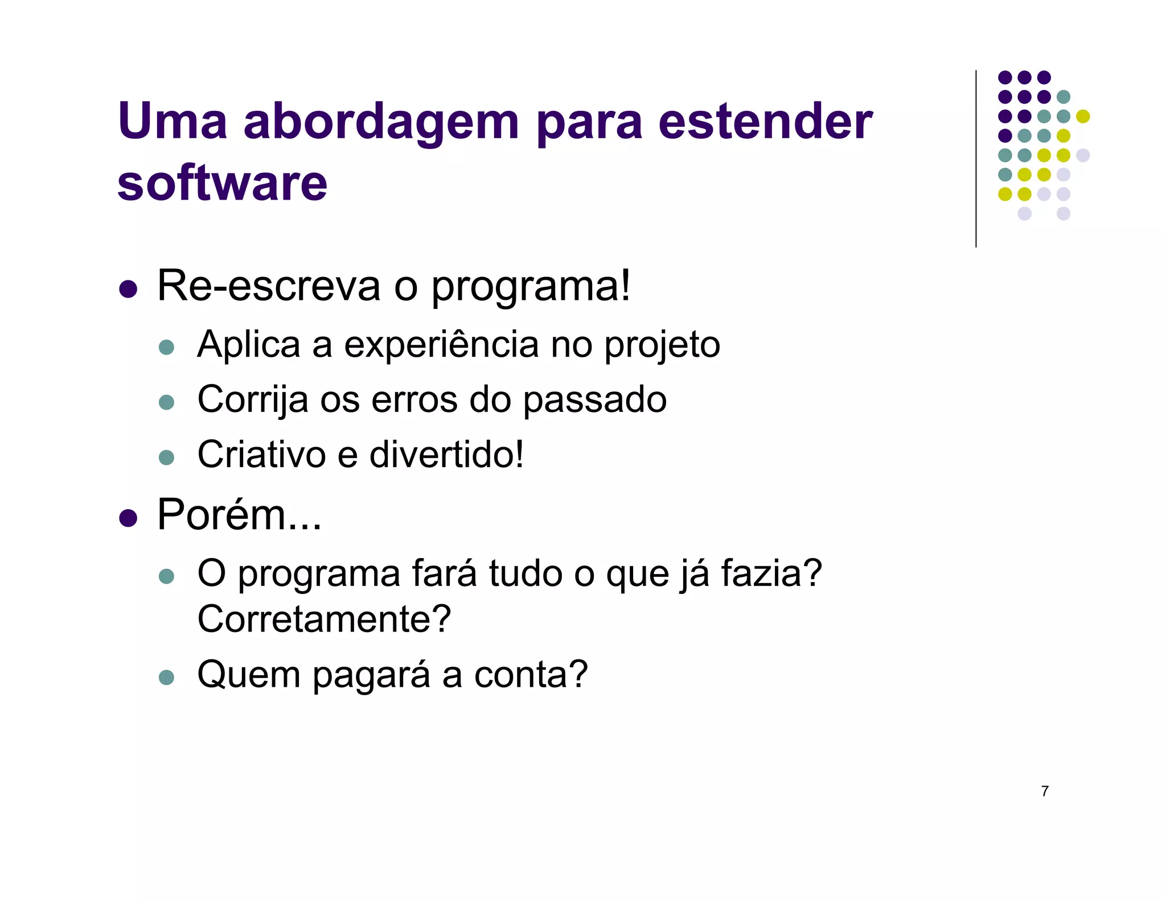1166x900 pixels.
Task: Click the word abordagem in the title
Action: click(381, 122)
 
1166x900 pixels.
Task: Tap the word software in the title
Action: click(222, 183)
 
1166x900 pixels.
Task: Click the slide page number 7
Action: click(1045, 791)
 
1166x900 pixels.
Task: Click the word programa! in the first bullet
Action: click(531, 287)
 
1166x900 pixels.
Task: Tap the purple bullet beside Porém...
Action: click(129, 518)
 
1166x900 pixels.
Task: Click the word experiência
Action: click(441, 344)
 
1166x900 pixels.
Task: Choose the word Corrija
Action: click(252, 400)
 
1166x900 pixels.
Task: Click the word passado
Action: click(594, 400)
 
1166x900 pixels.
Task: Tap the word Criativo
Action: click(261, 455)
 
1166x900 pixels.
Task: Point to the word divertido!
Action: click(446, 455)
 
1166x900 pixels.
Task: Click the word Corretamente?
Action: click(324, 619)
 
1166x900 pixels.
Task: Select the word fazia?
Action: click(771, 573)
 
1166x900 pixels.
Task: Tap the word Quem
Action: click(249, 675)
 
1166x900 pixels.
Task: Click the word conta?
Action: click(531, 675)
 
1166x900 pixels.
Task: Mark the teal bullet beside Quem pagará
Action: click(166, 677)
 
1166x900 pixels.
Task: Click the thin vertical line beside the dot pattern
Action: click(976, 159)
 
